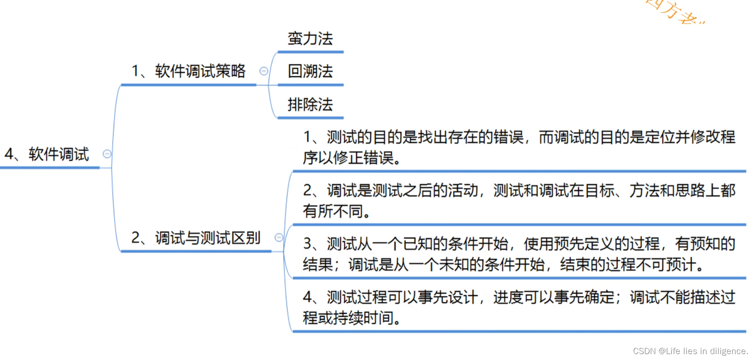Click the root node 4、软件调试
coord(47,154)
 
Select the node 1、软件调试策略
coord(188,71)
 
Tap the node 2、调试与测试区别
coord(196,238)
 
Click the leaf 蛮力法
coord(310,39)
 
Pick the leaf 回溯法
coord(310,71)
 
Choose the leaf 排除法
coord(310,105)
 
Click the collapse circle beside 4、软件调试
coord(107,154)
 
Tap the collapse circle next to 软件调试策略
coord(263,71)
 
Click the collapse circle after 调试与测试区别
coord(279,237)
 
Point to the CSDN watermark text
coord(690,351)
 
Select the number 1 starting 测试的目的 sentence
coord(308,137)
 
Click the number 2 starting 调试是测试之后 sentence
coord(308,190)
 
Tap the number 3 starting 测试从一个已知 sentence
coord(308,244)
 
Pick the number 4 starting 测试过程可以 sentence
coord(308,297)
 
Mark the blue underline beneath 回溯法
coord(310,85)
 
